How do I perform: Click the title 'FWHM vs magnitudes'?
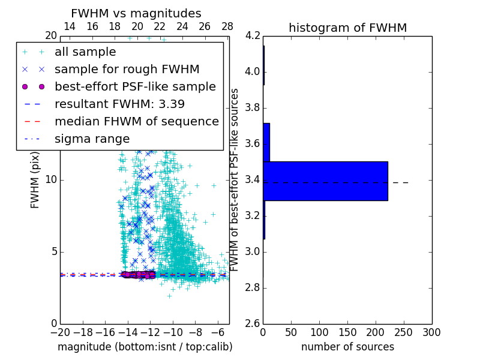coord(136,13)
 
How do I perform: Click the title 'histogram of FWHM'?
coord(347,28)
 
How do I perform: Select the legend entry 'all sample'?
coord(85,52)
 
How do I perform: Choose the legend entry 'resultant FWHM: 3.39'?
coord(119,104)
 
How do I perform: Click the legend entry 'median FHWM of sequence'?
coord(136,122)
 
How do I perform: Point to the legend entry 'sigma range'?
coord(92,139)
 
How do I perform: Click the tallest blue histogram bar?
coord(325,181)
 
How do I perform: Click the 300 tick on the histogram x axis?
coord(431,332)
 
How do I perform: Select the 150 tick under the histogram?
coord(347,332)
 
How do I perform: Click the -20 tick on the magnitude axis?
coord(60,332)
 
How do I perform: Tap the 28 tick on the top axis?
coord(227,26)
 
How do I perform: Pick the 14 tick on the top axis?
coord(70,26)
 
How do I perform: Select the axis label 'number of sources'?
coord(347,347)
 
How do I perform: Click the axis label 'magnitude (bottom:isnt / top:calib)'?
coord(145,347)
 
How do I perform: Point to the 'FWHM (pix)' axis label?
coord(35,180)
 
